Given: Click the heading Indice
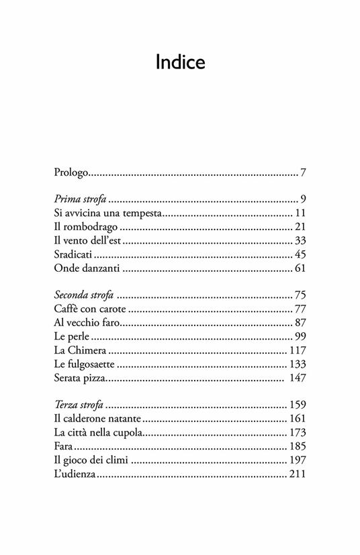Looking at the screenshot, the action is (180, 62).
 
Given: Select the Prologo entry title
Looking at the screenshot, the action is (71, 174).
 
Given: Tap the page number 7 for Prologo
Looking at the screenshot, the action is (304, 174).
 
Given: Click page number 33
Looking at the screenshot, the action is (300, 241).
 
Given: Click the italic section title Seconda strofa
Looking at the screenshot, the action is (84, 295).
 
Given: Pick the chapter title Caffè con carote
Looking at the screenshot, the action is (89, 309).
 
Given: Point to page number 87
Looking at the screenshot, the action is (300, 323).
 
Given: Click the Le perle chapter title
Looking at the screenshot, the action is (70, 336).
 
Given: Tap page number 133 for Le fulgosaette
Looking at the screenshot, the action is (297, 364).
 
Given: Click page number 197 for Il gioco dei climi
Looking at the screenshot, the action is (297, 460).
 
